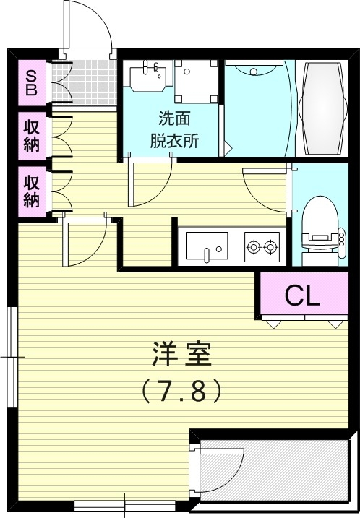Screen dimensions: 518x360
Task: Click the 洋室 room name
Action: click(181, 354)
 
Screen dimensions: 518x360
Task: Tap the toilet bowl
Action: click(317, 220)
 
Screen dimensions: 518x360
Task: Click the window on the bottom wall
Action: click(124, 505)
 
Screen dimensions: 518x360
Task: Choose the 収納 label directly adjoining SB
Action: click(32, 134)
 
